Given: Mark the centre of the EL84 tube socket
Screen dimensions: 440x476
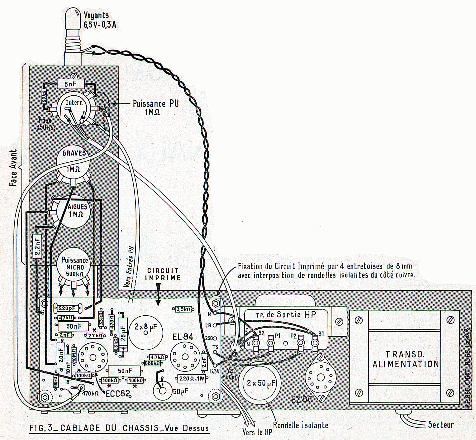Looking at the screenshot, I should point(184,356).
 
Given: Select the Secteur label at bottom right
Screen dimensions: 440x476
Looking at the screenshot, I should point(441,424).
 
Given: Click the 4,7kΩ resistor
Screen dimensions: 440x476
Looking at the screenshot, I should point(157,357).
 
